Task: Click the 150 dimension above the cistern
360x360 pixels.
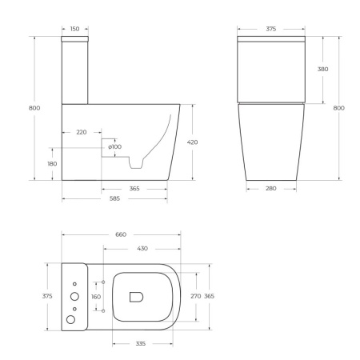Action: point(74,29)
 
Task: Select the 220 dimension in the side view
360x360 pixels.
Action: point(81,131)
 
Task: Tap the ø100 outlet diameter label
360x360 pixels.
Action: point(115,146)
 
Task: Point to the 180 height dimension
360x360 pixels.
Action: point(52,164)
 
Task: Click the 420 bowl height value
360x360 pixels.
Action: point(192,142)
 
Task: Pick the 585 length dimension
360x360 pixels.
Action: point(114,198)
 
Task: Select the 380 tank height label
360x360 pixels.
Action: point(322,70)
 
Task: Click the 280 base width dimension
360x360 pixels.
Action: point(271,189)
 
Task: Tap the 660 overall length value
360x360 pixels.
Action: point(122,234)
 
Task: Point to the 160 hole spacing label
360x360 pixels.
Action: point(97,296)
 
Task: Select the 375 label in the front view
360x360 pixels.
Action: point(271,29)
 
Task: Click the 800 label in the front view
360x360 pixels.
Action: point(339,108)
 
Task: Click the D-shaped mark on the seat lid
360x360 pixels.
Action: point(136,296)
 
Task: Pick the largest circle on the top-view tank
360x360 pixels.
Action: point(73,319)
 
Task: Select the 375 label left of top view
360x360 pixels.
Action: point(47,296)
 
